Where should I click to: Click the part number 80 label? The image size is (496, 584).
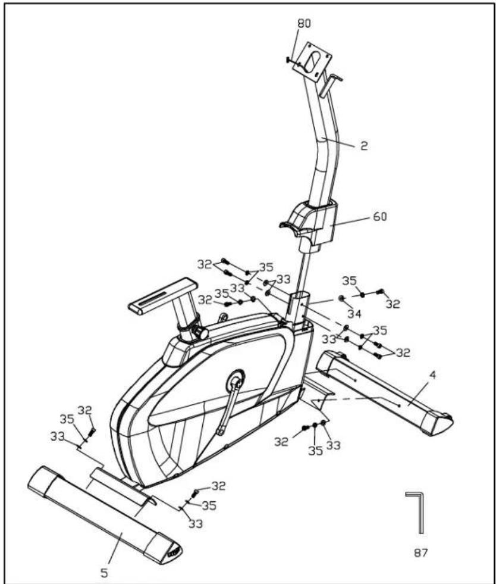pyautogui.click(x=304, y=23)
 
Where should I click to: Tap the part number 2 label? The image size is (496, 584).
pyautogui.click(x=364, y=146)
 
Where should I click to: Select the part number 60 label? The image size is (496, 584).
pyautogui.click(x=380, y=216)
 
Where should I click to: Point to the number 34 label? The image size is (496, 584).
pyautogui.click(x=354, y=314)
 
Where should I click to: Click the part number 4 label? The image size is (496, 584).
pyautogui.click(x=432, y=376)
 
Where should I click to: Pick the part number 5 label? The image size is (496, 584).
pyautogui.click(x=105, y=573)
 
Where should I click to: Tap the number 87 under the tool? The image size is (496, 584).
pyautogui.click(x=421, y=552)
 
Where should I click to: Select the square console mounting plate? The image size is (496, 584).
pyautogui.click(x=312, y=61)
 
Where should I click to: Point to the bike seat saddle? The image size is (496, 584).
pyautogui.click(x=162, y=296)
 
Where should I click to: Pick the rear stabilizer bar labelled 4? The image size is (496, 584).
pyautogui.click(x=385, y=392)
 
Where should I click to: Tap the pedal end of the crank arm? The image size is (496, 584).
pyautogui.click(x=221, y=432)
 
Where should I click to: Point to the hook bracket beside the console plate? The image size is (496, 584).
pyautogui.click(x=329, y=85)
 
